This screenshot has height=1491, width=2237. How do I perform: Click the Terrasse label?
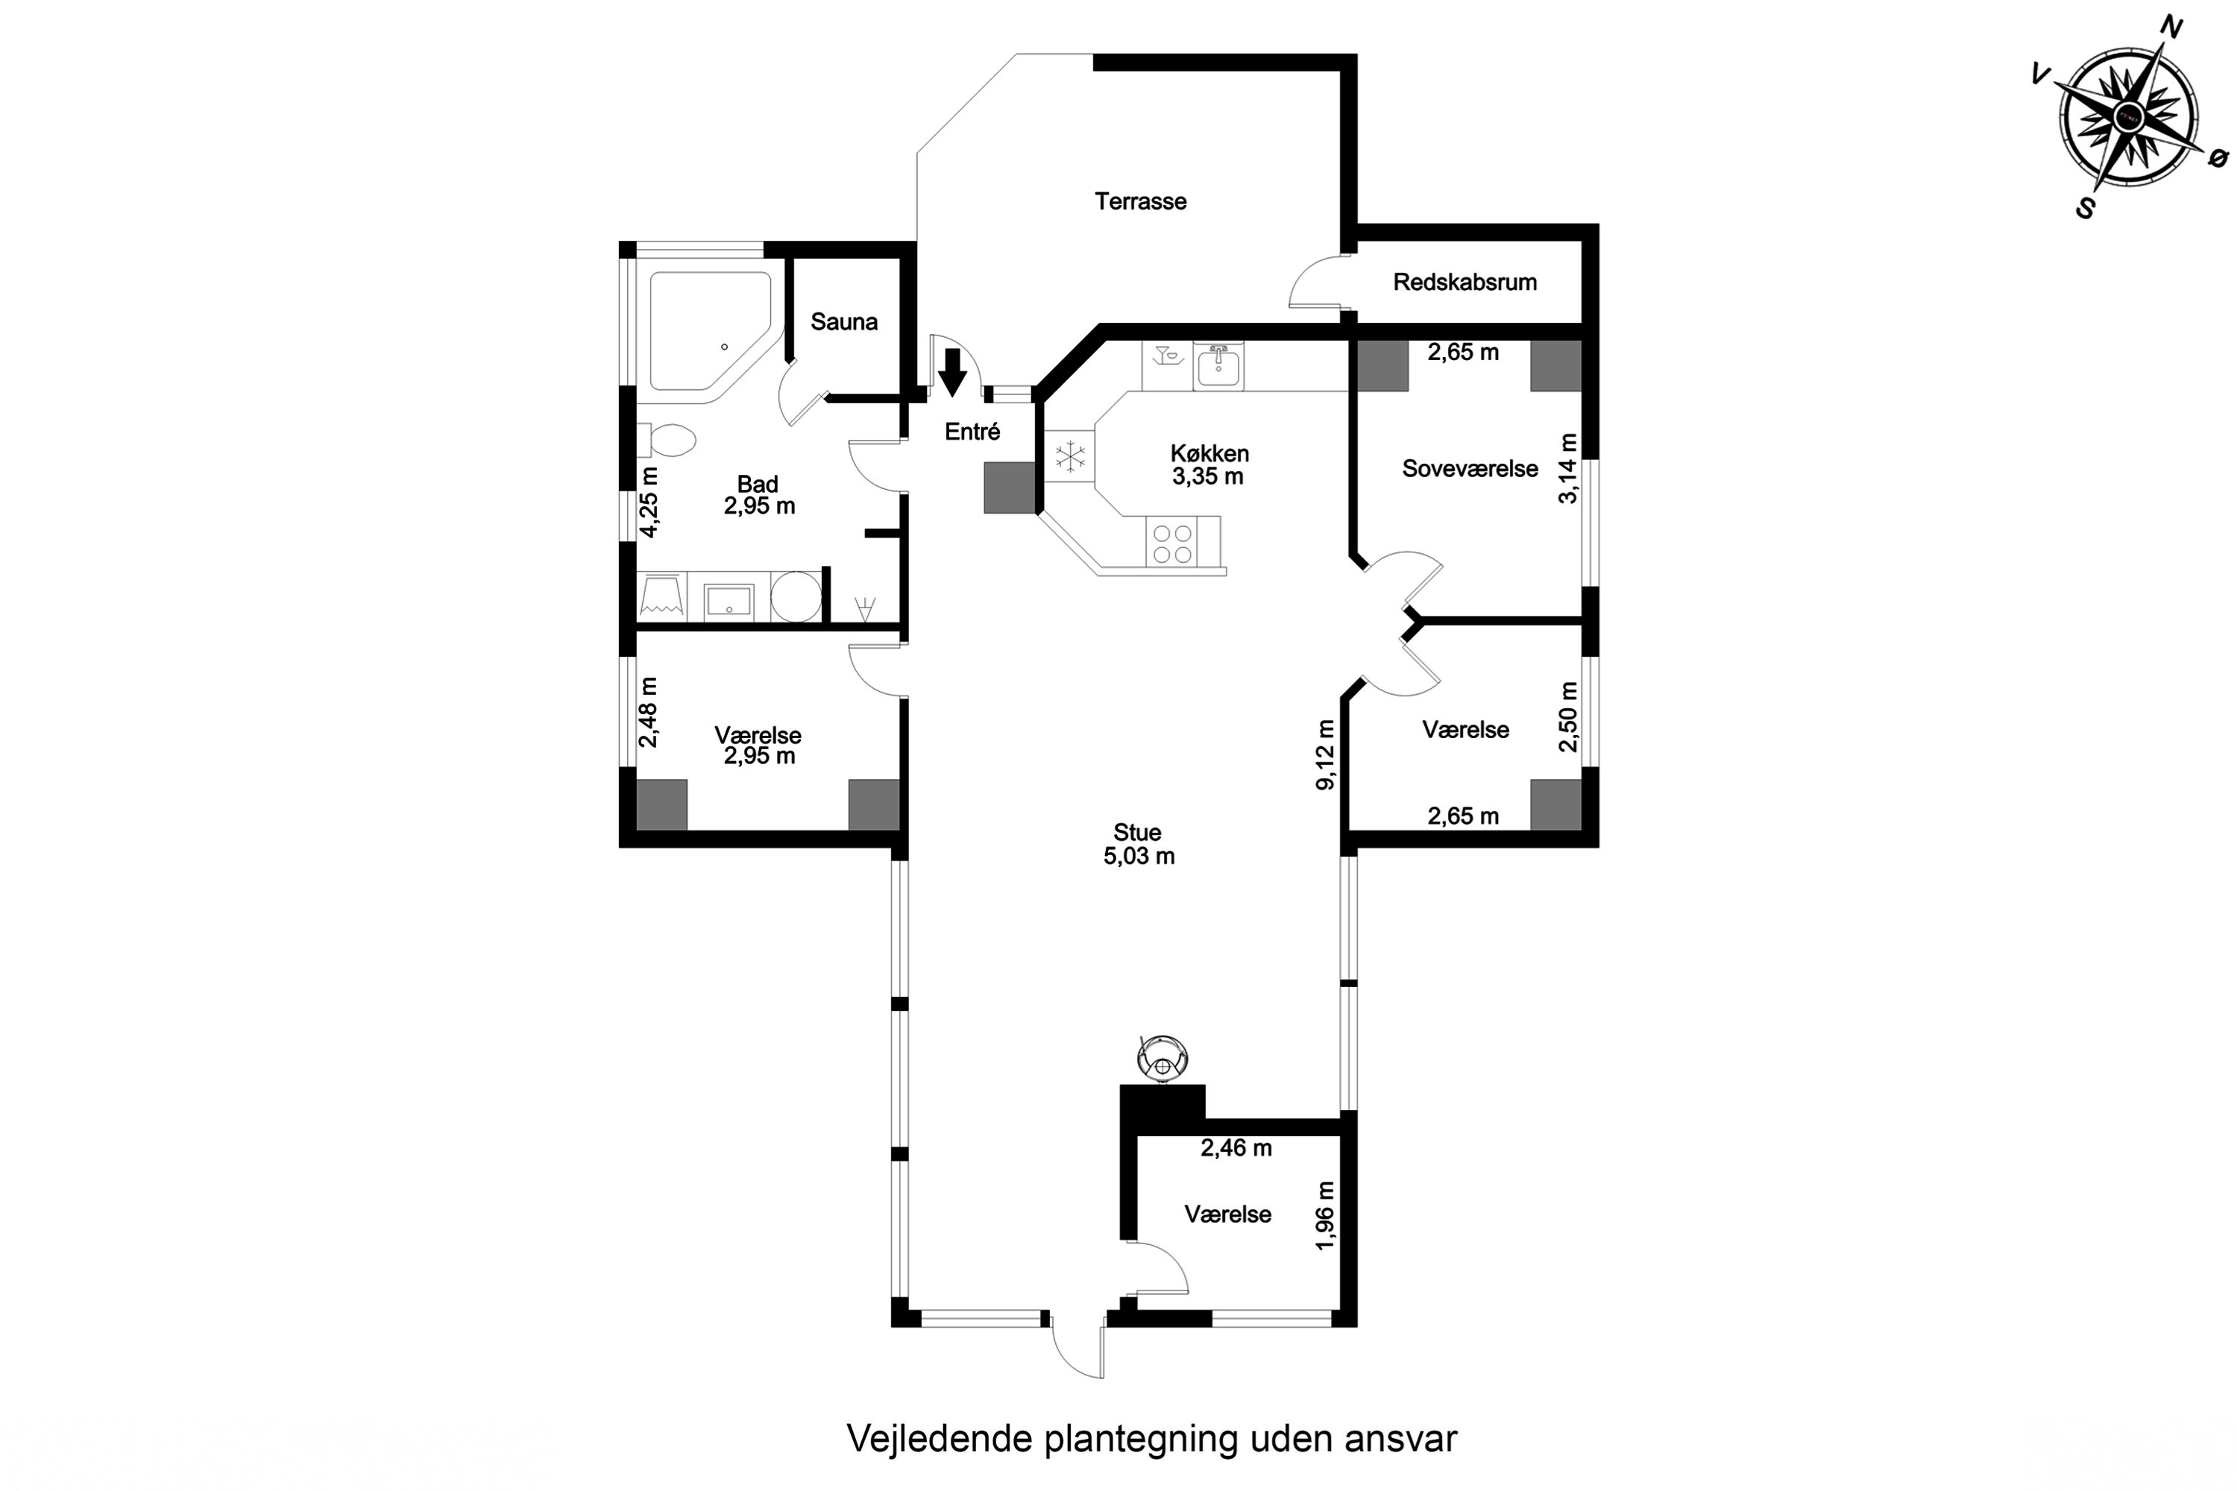point(1140,201)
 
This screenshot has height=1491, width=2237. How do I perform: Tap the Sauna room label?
point(843,321)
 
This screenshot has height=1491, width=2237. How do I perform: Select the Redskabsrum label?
point(1464,282)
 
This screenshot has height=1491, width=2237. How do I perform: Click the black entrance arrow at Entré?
point(952,372)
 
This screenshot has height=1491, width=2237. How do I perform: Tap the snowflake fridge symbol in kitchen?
point(1071,456)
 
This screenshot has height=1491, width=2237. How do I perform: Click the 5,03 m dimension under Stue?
point(1139,856)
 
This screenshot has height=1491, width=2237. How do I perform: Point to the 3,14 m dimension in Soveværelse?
point(1568,469)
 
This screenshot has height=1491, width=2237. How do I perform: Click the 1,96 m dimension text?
point(1325,1216)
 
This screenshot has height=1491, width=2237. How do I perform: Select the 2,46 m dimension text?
point(1236,1148)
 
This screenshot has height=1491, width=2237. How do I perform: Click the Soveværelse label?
point(1470,469)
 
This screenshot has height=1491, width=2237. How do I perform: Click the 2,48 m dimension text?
point(649,712)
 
